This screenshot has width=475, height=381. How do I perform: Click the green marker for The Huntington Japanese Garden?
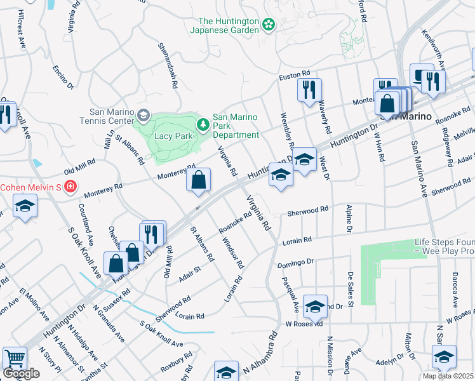pos(269,25)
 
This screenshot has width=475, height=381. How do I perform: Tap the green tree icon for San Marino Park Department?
pos(203,124)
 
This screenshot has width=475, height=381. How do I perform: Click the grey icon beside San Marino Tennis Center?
pos(143,115)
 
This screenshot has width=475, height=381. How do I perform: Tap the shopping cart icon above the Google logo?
pos(15,358)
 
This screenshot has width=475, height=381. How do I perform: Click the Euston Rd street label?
pos(295,77)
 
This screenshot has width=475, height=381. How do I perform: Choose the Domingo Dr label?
pos(295,262)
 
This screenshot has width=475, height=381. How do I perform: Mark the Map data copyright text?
pos(448,376)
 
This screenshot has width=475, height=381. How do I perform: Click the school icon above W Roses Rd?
pos(315,307)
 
